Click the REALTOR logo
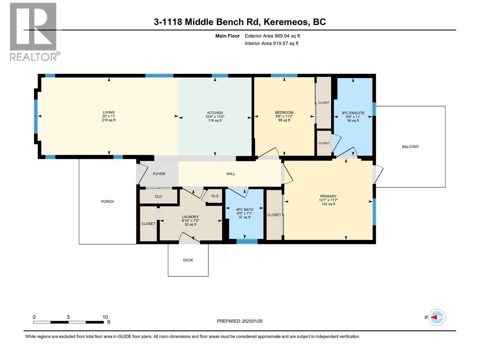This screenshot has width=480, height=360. (x=33, y=31)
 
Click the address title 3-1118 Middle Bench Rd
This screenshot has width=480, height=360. (x=240, y=22)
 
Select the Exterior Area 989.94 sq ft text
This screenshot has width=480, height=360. (x=272, y=36)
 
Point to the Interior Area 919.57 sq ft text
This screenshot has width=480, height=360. (x=271, y=43)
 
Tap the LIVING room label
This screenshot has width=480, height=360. (x=109, y=112)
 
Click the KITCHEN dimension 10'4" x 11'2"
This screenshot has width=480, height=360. (x=215, y=117)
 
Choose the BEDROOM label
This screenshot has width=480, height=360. (x=284, y=112)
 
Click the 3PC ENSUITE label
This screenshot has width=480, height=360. (x=353, y=113)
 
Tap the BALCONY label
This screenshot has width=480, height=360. (x=410, y=147)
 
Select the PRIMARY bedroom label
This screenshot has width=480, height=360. (x=328, y=196)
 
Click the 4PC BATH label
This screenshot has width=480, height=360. (x=244, y=210)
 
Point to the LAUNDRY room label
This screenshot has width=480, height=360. (x=190, y=217)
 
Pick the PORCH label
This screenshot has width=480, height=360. (x=107, y=202)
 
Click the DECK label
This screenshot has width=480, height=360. (x=188, y=260)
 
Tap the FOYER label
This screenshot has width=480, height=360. (x=159, y=174)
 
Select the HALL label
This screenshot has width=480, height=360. (x=231, y=174)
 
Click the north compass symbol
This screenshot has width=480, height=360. (x=436, y=317)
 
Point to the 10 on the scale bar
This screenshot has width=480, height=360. (x=105, y=317)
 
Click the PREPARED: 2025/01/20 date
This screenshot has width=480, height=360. (x=240, y=321)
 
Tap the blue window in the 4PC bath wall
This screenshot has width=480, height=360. (x=247, y=241)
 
